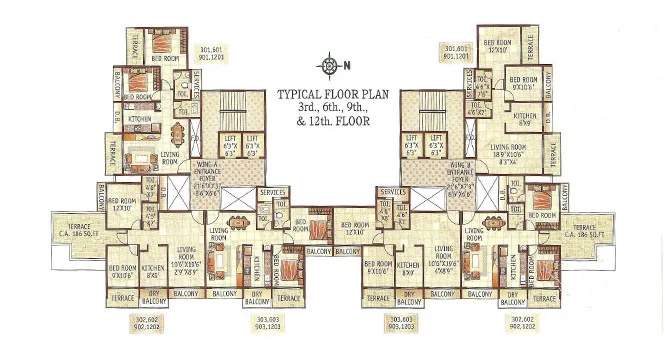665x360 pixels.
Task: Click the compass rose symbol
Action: coord(330,67)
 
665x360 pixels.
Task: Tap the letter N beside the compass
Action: coord(346,67)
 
